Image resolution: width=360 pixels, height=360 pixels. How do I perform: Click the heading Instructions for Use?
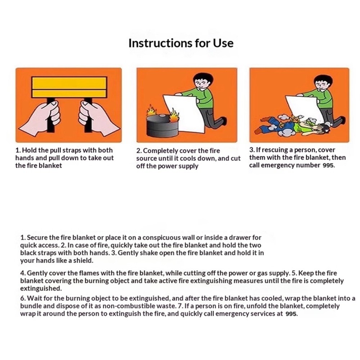(181, 43)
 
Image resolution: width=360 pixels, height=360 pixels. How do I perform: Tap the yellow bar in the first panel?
(69, 87)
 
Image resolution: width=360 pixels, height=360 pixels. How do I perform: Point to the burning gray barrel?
(161, 125)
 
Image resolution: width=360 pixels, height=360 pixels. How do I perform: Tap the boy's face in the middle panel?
(201, 84)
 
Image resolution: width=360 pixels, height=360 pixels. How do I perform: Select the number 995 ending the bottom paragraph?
(291, 314)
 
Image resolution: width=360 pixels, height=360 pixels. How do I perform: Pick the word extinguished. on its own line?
(41, 288)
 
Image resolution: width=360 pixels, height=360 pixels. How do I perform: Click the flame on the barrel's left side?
(152, 111)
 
